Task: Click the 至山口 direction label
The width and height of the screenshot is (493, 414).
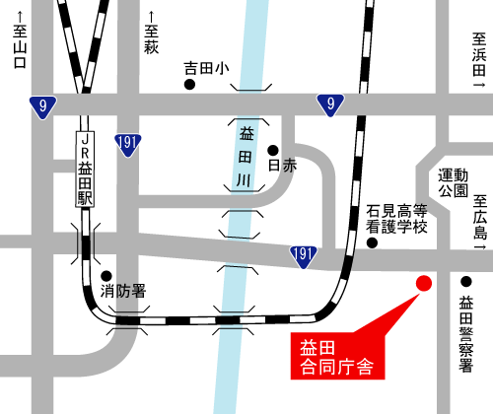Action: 18,48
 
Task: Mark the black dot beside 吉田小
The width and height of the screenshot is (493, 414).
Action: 189,85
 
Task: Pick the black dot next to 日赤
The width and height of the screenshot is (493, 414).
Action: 272,150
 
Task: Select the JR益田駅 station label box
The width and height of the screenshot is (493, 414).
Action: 86,170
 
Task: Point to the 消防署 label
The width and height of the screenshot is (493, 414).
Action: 124,291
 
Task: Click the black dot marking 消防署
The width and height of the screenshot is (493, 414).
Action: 106,276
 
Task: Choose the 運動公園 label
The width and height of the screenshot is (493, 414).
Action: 453,181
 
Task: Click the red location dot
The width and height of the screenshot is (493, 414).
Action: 423,284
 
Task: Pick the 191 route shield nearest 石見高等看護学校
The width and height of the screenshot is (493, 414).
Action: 304,256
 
